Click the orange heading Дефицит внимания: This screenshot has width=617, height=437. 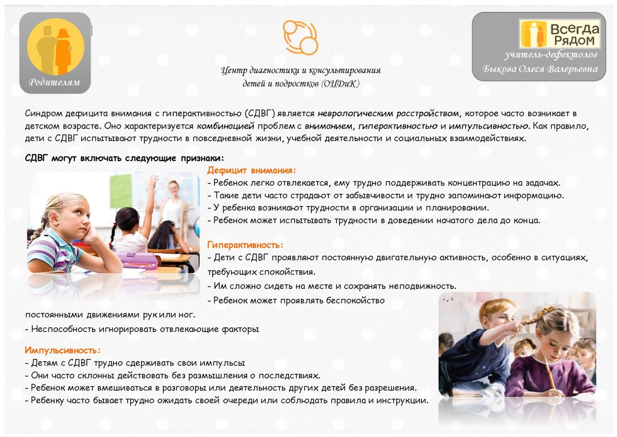[x=251, y=171]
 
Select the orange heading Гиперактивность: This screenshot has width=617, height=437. [x=245, y=245]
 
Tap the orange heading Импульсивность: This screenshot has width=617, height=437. [x=63, y=351]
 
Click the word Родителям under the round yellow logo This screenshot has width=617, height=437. [x=55, y=82]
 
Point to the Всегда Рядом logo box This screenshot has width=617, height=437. [x=560, y=34]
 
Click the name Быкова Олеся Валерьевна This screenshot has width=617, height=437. [x=540, y=69]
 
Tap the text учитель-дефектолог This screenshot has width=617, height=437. [x=551, y=55]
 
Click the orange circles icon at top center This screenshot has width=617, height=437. [x=300, y=38]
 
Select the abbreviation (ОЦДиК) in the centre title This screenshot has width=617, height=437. [x=340, y=84]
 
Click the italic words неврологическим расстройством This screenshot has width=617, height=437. [x=388, y=114]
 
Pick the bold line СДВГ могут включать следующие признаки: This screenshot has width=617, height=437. [x=124, y=158]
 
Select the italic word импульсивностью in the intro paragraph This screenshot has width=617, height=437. [x=488, y=126]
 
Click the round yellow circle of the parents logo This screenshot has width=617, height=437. [x=56, y=47]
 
